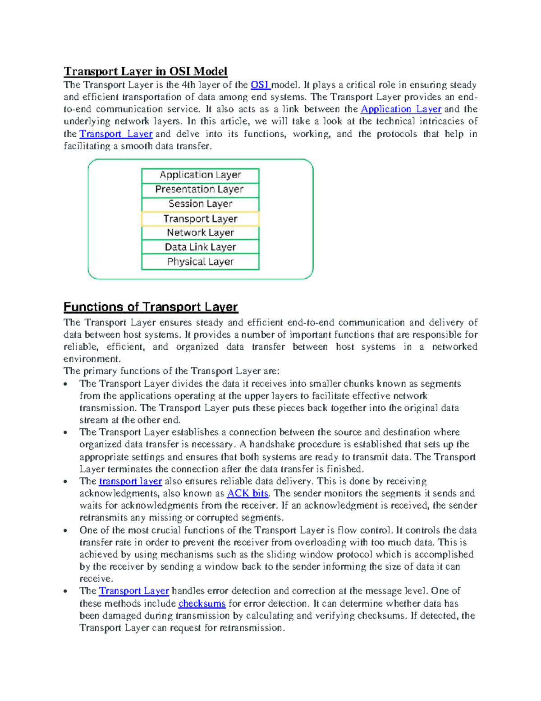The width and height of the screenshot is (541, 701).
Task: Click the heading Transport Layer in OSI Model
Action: click(x=145, y=71)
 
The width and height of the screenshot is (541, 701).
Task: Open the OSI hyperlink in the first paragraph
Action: click(x=260, y=85)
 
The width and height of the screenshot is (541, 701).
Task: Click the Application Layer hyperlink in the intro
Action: click(x=401, y=109)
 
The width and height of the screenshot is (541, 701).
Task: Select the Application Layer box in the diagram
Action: click(x=200, y=175)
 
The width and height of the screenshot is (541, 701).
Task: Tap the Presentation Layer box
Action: click(x=200, y=190)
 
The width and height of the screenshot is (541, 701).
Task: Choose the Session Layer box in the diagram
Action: click(x=200, y=204)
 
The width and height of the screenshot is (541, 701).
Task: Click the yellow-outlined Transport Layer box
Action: click(x=200, y=219)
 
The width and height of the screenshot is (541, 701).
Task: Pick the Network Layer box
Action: click(x=200, y=233)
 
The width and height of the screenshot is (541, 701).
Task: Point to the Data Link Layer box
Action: click(x=200, y=247)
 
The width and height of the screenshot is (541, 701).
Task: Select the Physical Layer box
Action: click(x=200, y=262)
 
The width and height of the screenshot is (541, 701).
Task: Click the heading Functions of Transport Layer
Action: click(x=150, y=307)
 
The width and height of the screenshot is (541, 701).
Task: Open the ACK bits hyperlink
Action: click(x=248, y=493)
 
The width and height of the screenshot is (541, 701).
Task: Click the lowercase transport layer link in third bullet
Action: click(x=130, y=481)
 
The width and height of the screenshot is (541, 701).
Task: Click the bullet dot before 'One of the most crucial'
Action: click(x=66, y=531)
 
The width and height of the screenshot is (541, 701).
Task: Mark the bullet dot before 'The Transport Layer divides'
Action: click(x=66, y=384)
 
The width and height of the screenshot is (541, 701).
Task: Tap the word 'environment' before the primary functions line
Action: click(x=92, y=359)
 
